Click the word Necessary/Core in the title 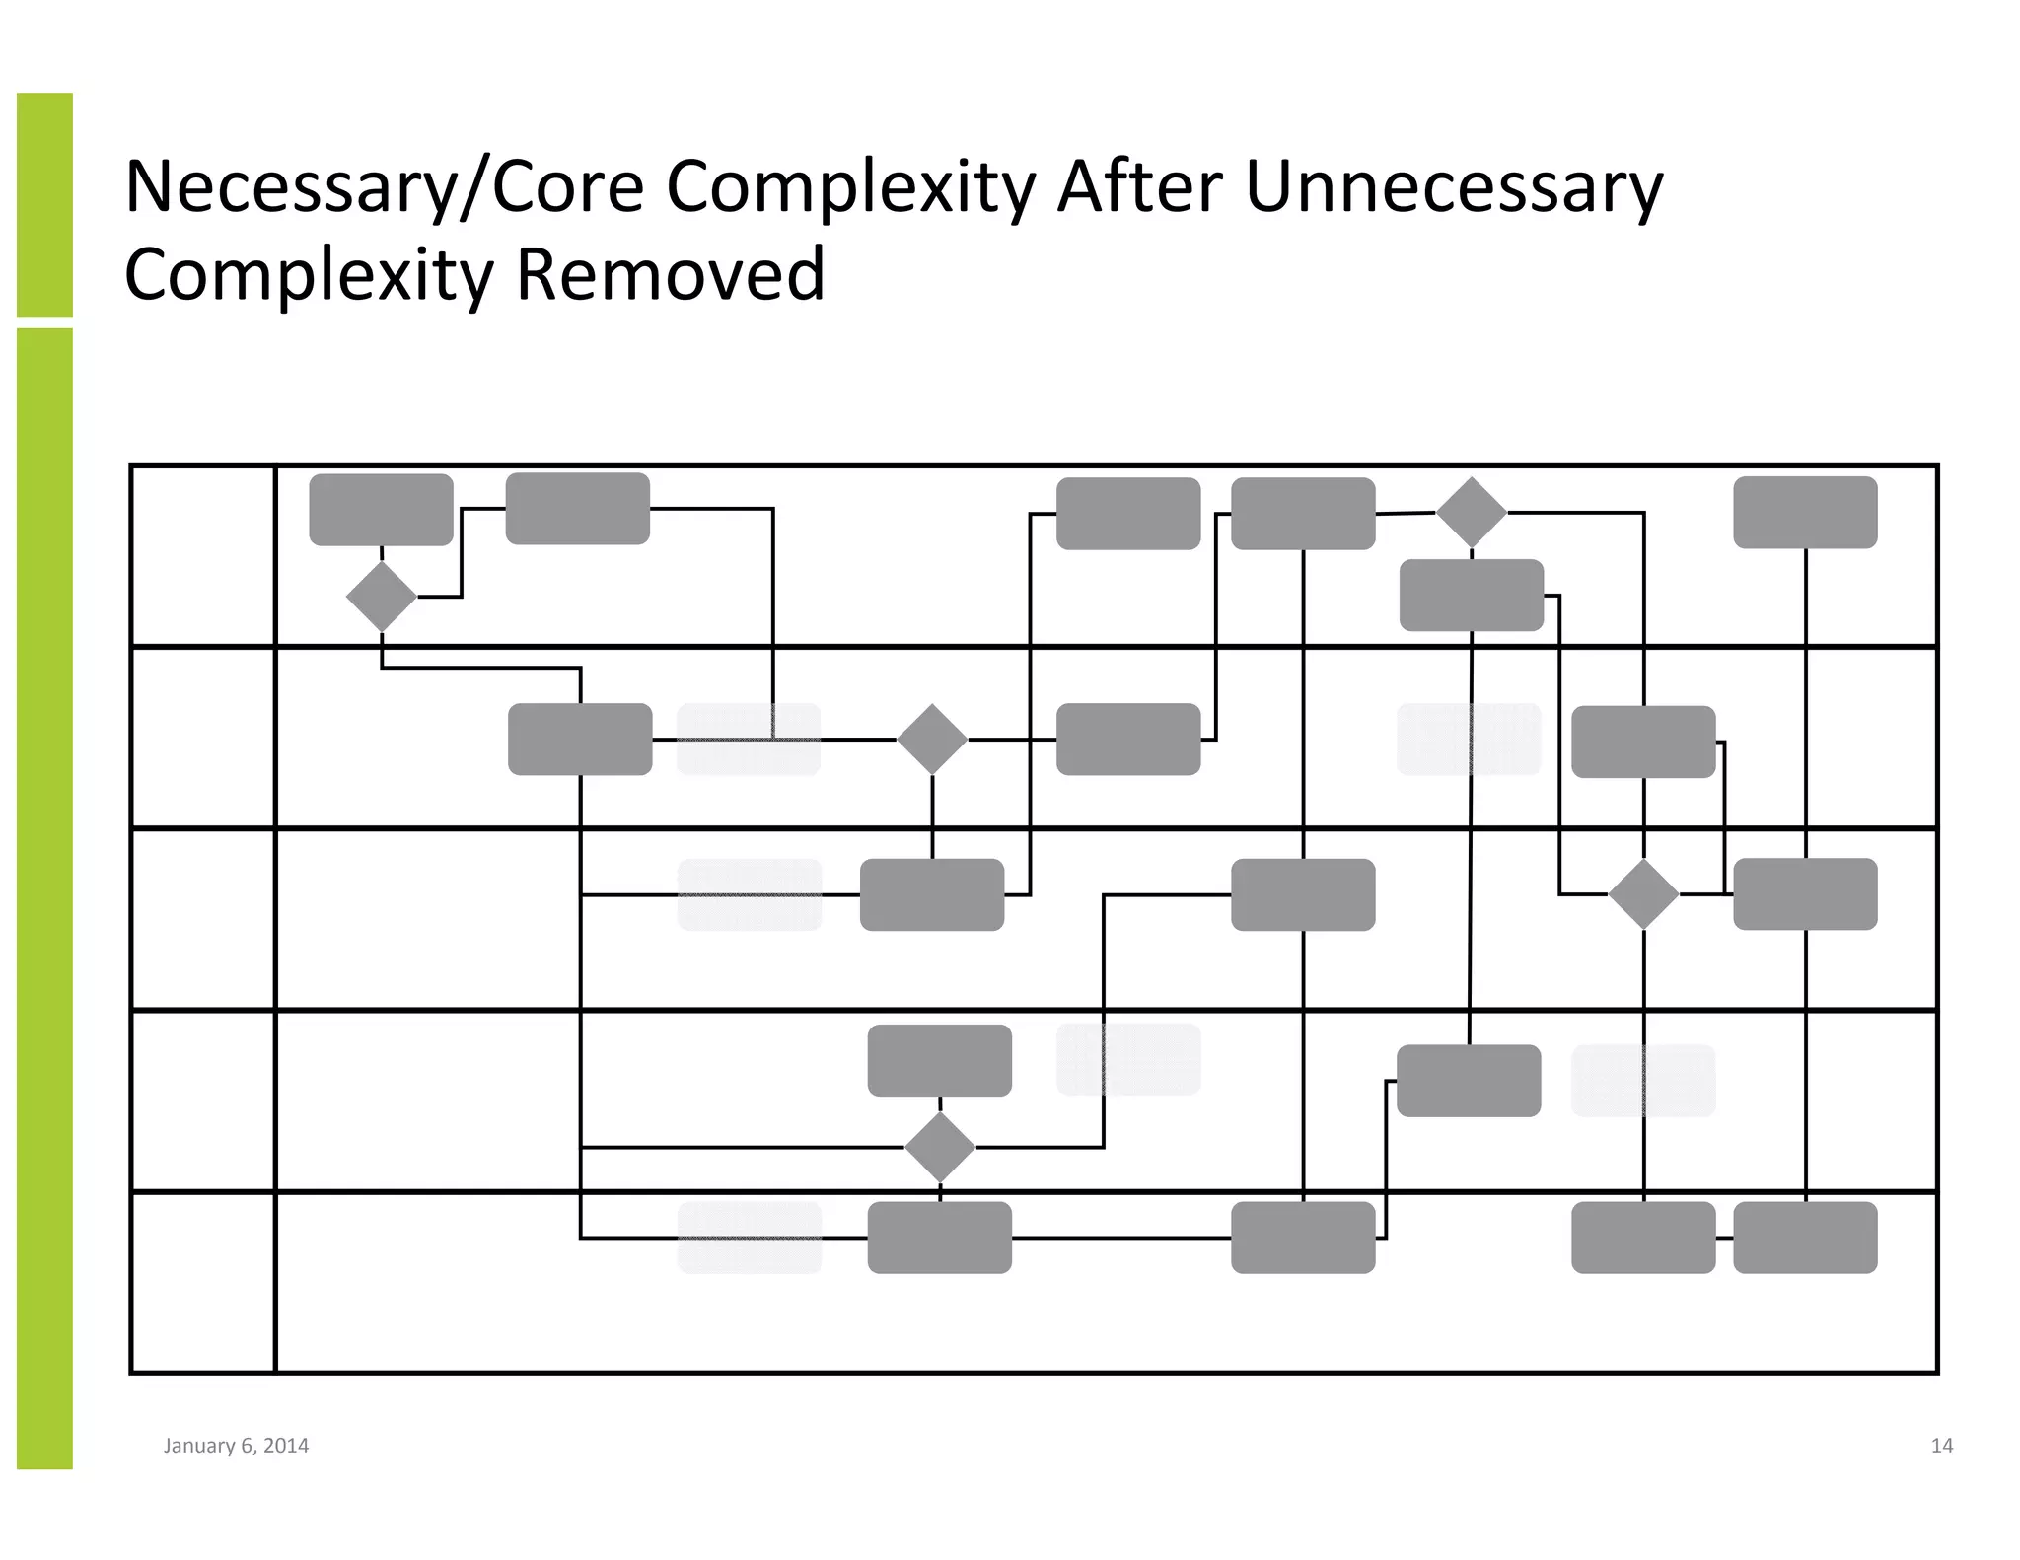tap(384, 187)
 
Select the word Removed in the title tap(670, 274)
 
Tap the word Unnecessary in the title tap(1454, 187)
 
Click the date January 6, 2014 tap(236, 1446)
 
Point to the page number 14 tap(1941, 1446)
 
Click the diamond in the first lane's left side tap(382, 597)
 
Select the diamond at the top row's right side tap(1471, 513)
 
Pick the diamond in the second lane tap(932, 739)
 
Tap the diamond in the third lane tap(1643, 894)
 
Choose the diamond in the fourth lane tap(940, 1147)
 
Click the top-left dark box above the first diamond tap(382, 510)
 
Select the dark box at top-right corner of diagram tap(1805, 513)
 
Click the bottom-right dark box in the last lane tap(1805, 1238)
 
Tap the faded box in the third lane tap(750, 894)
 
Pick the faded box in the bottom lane tap(750, 1238)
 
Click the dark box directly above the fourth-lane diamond tap(940, 1060)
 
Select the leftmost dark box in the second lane tap(580, 739)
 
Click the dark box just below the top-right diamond tap(1471, 596)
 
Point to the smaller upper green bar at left tap(44, 204)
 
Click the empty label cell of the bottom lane tap(202, 1282)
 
